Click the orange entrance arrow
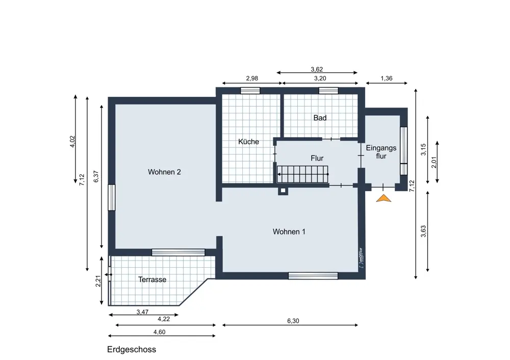(384, 198)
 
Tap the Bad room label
(320, 118)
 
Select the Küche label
(248, 141)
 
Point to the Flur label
(317, 158)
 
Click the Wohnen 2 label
(164, 172)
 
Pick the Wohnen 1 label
(289, 232)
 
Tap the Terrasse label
(152, 279)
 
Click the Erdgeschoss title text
(132, 349)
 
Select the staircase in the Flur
(302, 174)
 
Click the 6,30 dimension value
(293, 321)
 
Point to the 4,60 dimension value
(159, 332)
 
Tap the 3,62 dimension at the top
(317, 69)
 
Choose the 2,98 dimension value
(252, 79)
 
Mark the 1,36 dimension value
(387, 79)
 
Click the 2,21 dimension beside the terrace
(98, 281)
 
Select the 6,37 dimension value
(96, 176)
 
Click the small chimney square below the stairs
(283, 191)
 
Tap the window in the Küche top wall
(250, 90)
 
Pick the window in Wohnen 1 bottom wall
(313, 276)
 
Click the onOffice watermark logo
(361, 258)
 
